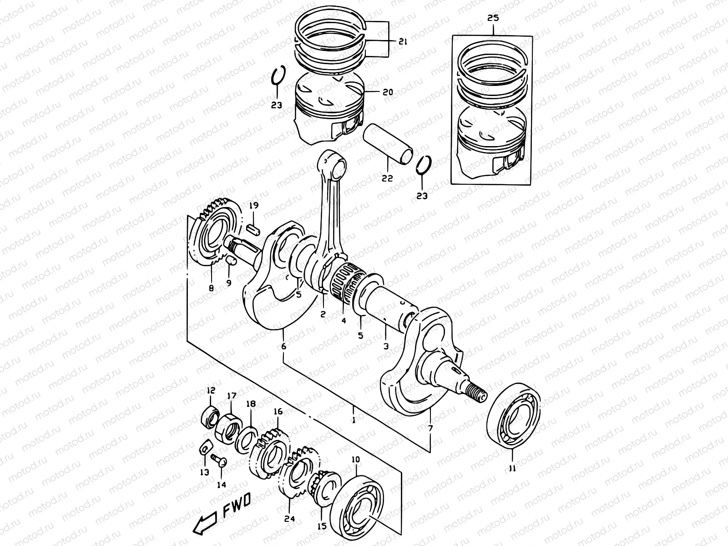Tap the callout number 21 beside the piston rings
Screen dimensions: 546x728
click(x=402, y=42)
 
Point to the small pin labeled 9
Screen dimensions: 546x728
click(x=231, y=261)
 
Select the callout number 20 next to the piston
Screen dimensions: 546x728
click(x=387, y=92)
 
